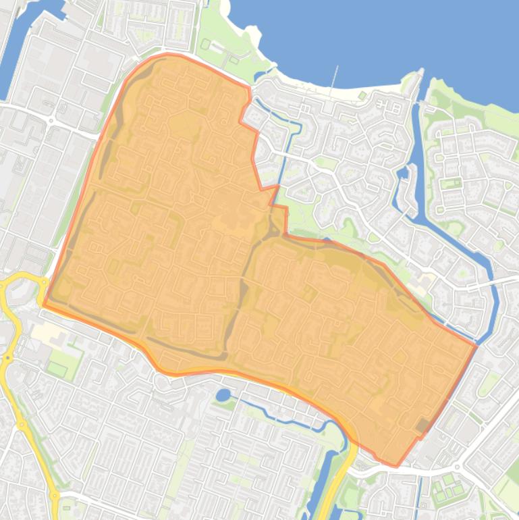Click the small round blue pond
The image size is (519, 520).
coord(223,394)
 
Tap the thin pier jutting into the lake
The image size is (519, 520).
coord(333,79)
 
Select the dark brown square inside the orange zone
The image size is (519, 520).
coord(423,425)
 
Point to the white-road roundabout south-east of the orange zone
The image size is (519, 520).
coord(457,467)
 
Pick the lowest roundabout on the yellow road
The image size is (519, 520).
coord(55,496)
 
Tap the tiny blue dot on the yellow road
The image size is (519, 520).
coord(9,357)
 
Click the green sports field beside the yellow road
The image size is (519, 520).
coord(57,369)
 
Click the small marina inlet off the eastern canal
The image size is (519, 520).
coord(403,173)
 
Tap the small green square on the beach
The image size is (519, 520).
coord(362,96)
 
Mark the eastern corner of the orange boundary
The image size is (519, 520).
coord(475,345)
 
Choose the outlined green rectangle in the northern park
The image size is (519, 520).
coord(205,45)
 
